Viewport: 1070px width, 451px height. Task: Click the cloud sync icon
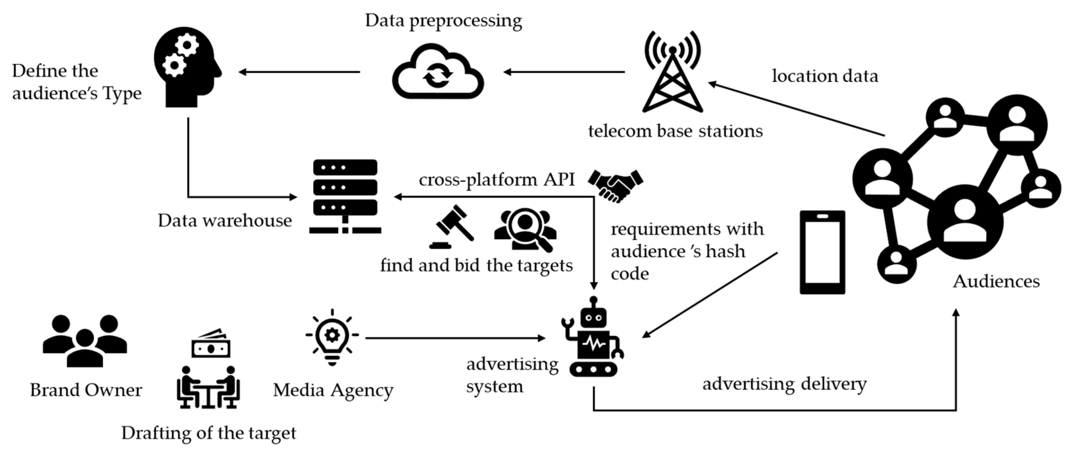438,71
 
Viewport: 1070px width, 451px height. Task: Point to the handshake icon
615,185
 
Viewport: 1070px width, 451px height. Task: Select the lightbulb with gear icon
332,337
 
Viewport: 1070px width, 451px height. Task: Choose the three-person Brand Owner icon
85,341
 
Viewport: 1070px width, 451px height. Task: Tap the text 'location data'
825,76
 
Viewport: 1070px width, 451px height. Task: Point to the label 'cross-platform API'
497,180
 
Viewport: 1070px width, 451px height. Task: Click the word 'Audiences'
996,282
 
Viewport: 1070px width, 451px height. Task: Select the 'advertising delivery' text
784,384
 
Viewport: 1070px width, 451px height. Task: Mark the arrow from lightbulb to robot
455,338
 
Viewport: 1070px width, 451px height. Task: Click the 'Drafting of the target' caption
208,433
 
